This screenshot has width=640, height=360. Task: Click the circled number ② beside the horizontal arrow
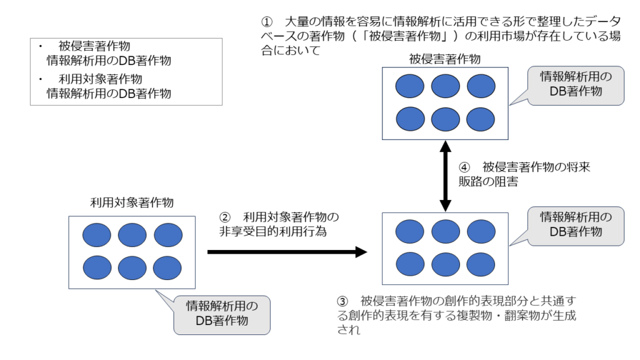pyautogui.click(x=225, y=217)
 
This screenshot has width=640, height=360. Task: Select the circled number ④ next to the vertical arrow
pyautogui.click(x=464, y=167)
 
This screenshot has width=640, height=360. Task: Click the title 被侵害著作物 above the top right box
pyautogui.click(x=444, y=60)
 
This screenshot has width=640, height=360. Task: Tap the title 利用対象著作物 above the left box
pyautogui.click(x=131, y=202)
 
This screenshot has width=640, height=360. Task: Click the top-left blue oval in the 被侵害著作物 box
pyautogui.click(x=409, y=86)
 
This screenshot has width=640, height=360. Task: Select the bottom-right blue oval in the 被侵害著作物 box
pyautogui.click(x=481, y=118)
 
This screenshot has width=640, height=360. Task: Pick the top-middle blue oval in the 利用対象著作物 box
pyautogui.click(x=132, y=235)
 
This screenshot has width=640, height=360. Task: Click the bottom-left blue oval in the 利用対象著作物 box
pyautogui.click(x=97, y=267)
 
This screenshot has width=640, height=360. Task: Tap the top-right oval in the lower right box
pyautogui.click(x=481, y=231)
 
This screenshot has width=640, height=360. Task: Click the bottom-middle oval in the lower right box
pyautogui.click(x=445, y=263)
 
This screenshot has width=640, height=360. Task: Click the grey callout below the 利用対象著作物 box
pyautogui.click(x=221, y=314)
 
